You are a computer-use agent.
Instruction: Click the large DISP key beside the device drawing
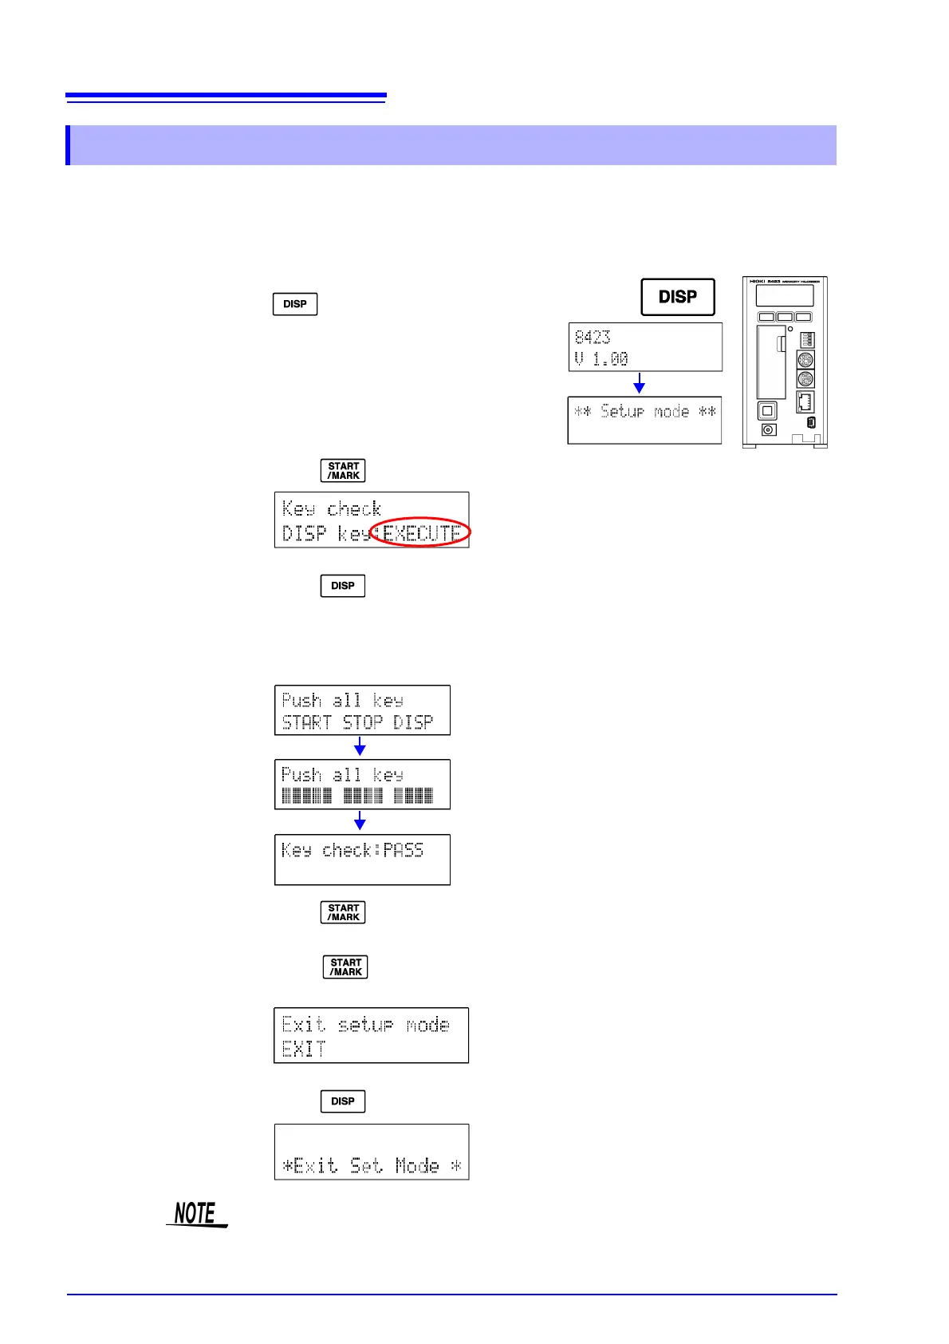click(678, 297)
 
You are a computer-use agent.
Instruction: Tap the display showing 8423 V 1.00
click(645, 347)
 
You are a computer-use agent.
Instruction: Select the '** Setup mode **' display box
click(644, 420)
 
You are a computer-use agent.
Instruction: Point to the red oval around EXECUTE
click(421, 532)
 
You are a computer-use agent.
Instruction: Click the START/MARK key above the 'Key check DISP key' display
click(343, 471)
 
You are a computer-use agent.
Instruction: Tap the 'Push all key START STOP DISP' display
click(362, 710)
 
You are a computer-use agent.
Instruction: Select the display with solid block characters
click(362, 785)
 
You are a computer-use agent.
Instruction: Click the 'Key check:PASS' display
click(362, 860)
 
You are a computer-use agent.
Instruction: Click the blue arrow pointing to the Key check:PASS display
click(360, 821)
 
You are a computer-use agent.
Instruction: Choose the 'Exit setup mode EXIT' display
click(371, 1035)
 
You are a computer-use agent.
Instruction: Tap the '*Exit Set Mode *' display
click(371, 1152)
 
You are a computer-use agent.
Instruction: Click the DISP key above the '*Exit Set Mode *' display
click(343, 1101)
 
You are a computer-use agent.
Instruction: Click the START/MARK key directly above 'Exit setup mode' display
click(345, 967)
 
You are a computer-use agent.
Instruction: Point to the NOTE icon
click(196, 1214)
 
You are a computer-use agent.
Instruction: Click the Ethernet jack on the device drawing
click(805, 401)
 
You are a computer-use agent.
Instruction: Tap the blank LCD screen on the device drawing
click(785, 295)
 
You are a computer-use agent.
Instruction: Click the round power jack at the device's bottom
click(769, 430)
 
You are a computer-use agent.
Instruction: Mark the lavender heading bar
click(451, 145)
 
